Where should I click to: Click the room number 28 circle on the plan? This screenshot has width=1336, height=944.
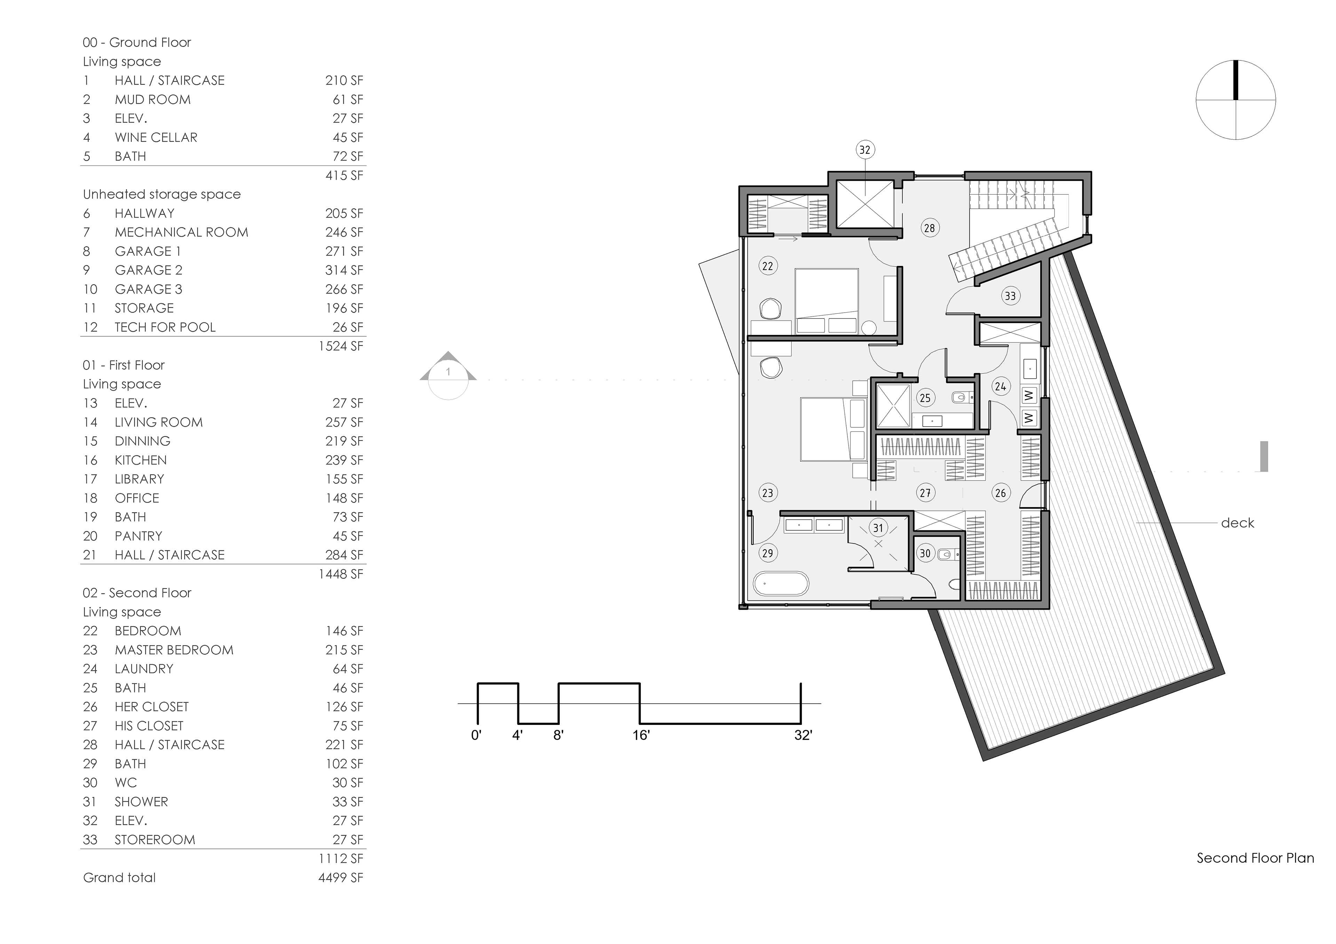point(929,228)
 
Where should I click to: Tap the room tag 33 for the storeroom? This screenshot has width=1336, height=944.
point(1010,296)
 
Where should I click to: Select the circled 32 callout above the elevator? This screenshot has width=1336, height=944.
point(865,150)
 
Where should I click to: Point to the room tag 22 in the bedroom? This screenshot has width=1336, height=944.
point(768,266)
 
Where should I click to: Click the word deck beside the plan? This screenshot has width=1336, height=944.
point(1237,523)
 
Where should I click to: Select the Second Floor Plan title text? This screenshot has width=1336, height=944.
point(1255,858)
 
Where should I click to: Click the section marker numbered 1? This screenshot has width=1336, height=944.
point(448,375)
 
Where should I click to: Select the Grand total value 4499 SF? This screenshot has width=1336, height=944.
point(341,877)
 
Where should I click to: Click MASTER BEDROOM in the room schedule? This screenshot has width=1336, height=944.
point(174,650)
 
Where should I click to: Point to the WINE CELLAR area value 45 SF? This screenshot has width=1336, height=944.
point(348,137)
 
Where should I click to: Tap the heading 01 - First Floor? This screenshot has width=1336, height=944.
point(124,365)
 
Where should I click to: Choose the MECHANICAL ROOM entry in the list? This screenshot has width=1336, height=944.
point(182,232)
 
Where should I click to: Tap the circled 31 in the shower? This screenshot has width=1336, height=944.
point(878,528)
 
